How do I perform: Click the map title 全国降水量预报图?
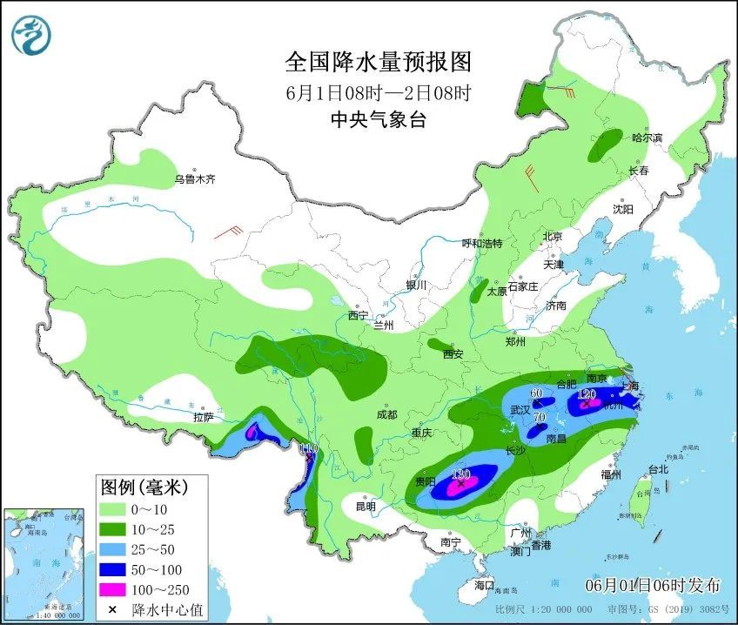tap(378, 63)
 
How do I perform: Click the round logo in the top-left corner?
tap(31, 35)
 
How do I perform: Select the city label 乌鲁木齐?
tap(193, 179)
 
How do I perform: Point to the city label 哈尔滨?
tap(647, 138)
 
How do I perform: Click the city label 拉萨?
tap(203, 417)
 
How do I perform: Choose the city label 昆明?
tap(366, 506)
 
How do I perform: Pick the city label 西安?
tap(453, 354)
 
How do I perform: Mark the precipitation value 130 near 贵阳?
tap(461, 474)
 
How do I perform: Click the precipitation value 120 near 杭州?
tap(586, 394)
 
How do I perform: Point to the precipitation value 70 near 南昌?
tap(539, 418)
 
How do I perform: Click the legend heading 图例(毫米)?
tap(144, 484)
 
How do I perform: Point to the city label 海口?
tap(484, 584)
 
